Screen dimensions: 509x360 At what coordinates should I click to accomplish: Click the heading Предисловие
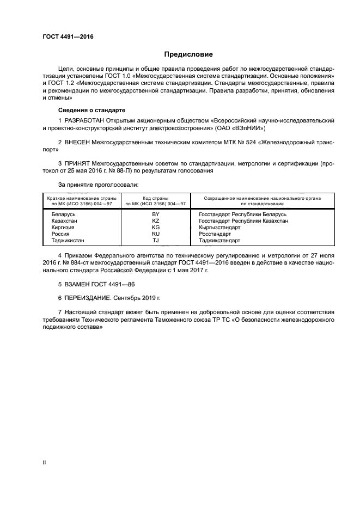[189, 54]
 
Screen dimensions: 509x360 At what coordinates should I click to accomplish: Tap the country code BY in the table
[156, 214]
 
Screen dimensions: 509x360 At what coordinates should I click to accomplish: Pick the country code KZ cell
[156, 220]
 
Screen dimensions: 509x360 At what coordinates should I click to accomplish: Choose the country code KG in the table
[156, 227]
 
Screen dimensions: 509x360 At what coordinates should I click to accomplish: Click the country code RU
[156, 234]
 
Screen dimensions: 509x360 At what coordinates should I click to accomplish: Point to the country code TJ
[156, 240]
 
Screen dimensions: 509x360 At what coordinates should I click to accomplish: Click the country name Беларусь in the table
[63, 214]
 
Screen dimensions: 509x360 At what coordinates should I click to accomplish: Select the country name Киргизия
[63, 227]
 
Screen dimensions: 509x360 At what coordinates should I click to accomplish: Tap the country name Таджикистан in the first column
[68, 240]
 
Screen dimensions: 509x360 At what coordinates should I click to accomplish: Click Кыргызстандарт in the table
[220, 227]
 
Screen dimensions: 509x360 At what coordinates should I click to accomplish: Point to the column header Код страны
[156, 198]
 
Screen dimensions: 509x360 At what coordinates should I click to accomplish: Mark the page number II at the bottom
[44, 462]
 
